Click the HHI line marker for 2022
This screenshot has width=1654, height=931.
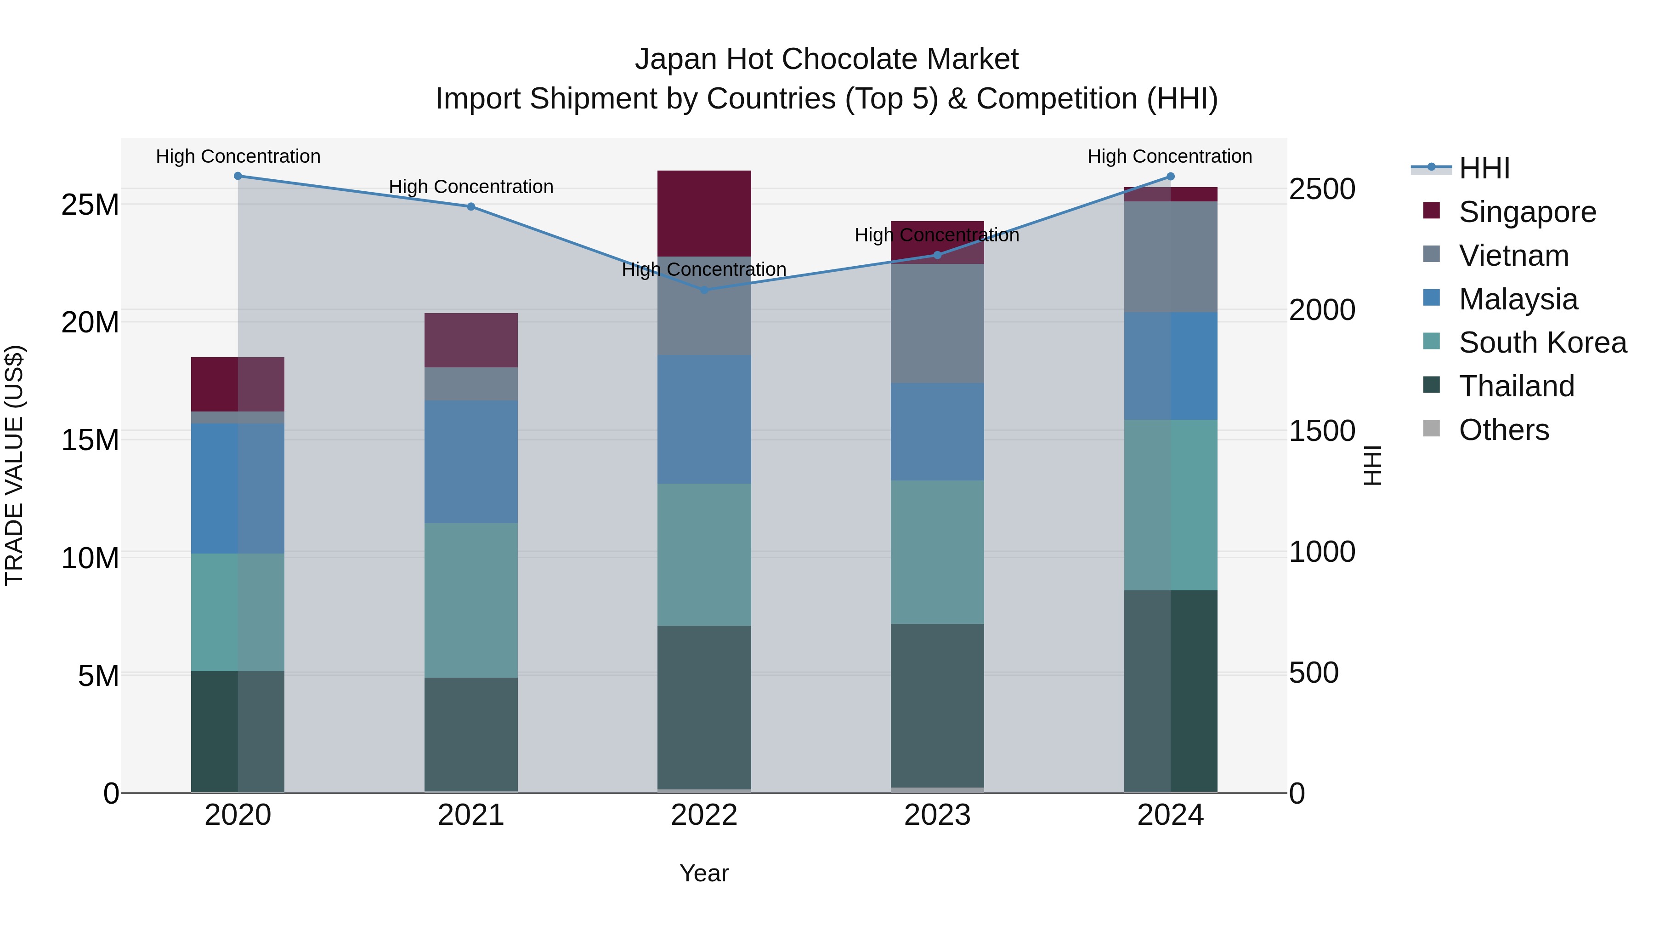(704, 290)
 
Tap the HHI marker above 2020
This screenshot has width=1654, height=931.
(238, 176)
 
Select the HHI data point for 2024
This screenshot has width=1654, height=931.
(1170, 177)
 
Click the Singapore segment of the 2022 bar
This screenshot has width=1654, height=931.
(704, 213)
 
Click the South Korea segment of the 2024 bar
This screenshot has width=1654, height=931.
(1170, 504)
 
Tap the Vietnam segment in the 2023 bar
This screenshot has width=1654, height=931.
(937, 323)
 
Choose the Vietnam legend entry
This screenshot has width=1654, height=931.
(1513, 256)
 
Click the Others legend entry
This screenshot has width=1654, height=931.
(1503, 430)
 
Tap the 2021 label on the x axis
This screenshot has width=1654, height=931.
(470, 815)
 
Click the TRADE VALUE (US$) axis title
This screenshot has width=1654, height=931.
(14, 465)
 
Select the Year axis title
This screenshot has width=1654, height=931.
(704, 873)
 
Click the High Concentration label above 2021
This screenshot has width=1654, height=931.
(470, 187)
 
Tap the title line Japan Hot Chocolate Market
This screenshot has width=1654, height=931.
(827, 59)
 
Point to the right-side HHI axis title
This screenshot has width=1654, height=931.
(1372, 465)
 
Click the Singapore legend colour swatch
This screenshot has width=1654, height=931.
(1431, 211)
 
